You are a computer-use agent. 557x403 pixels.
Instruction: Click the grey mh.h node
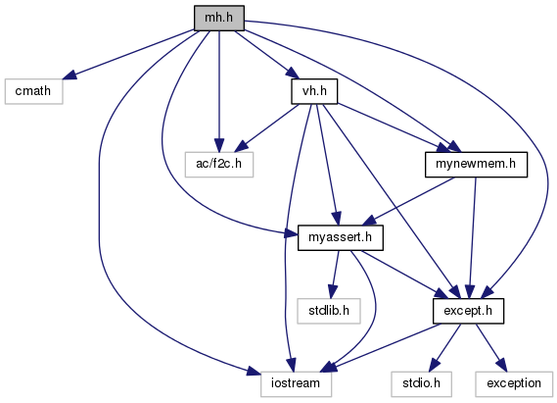219,18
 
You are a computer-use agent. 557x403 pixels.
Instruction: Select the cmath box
33,91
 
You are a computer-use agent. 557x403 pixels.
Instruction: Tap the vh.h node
314,91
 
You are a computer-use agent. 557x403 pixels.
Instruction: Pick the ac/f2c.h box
219,165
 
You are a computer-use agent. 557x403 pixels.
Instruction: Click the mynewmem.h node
476,165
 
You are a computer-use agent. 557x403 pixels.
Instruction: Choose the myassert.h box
341,237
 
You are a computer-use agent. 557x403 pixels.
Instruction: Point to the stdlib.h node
329,311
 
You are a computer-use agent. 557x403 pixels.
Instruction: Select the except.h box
468,311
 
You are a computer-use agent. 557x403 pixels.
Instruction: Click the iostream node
296,383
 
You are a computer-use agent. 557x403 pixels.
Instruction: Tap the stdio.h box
421,383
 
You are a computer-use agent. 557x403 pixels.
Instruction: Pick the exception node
514,383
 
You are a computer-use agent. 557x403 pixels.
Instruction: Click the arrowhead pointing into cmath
70,76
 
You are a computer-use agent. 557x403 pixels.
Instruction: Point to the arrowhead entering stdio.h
434,366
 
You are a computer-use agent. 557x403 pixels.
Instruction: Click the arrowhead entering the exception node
501,366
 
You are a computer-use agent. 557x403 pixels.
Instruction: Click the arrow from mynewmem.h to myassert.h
408,201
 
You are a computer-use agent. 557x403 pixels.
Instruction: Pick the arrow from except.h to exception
491,347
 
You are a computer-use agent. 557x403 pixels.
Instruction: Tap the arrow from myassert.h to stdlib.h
335,275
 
